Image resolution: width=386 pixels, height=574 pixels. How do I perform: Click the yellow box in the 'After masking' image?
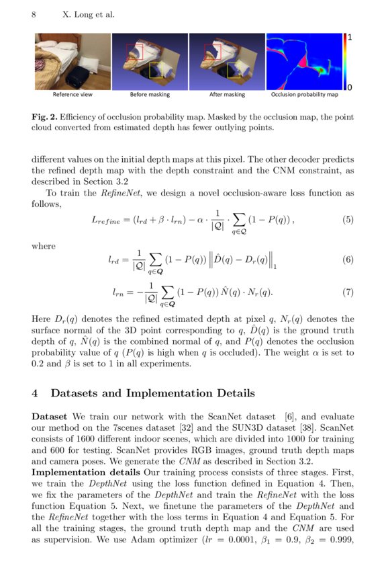pos(235,70)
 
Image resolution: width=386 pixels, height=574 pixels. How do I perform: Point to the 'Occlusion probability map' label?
pos(304,95)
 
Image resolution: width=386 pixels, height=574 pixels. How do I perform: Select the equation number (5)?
pos(347,219)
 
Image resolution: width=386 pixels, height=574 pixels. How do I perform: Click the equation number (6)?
pos(347,259)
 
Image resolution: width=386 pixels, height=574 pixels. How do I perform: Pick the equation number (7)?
pos(347,292)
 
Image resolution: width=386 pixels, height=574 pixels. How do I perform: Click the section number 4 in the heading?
pos(36,393)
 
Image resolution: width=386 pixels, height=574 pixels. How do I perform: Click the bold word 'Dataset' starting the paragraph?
pos(50,417)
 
